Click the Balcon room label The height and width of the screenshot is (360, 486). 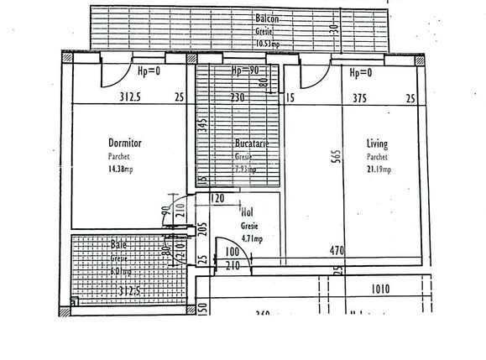tap(268, 18)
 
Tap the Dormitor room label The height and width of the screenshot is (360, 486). tap(124, 143)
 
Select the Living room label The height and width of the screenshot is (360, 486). tap(377, 143)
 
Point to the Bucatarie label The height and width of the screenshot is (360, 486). tap(252, 144)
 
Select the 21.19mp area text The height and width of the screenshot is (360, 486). tap(379, 170)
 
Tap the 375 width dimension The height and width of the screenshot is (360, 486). tap(359, 97)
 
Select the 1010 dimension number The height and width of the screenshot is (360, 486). tap(381, 290)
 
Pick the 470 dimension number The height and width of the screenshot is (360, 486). tap(337, 250)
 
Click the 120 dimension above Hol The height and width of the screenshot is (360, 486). tap(217, 200)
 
